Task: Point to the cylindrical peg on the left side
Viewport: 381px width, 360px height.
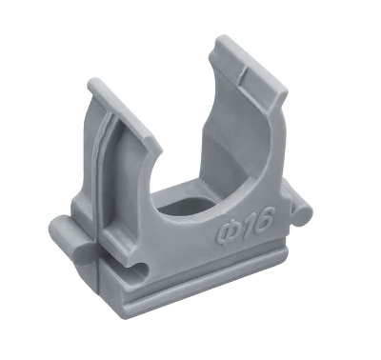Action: [x=71, y=236]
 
